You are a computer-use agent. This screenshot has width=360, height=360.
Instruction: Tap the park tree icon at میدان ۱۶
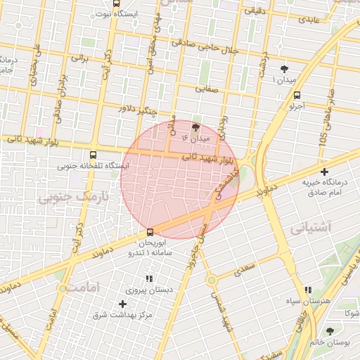click(195, 127)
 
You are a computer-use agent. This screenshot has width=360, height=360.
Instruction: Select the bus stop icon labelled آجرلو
click(297, 95)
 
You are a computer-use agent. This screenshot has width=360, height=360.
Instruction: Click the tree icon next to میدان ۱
click(284, 69)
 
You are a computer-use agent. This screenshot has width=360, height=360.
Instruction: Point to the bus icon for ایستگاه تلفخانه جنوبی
click(94, 154)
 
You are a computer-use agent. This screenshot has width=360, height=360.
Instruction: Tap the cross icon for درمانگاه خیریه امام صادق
click(324, 171)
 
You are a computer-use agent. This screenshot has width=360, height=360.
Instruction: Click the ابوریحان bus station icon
click(150, 232)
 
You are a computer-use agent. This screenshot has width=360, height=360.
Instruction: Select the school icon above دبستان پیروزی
click(148, 279)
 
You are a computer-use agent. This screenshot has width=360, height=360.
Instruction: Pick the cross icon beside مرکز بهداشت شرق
click(123, 304)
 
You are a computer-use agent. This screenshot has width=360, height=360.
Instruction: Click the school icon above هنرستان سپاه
click(308, 290)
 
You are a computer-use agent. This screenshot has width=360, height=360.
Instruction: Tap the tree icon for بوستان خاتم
click(330, 331)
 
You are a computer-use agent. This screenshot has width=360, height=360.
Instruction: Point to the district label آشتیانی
click(308, 229)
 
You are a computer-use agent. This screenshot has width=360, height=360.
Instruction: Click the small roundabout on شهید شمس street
click(211, 280)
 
